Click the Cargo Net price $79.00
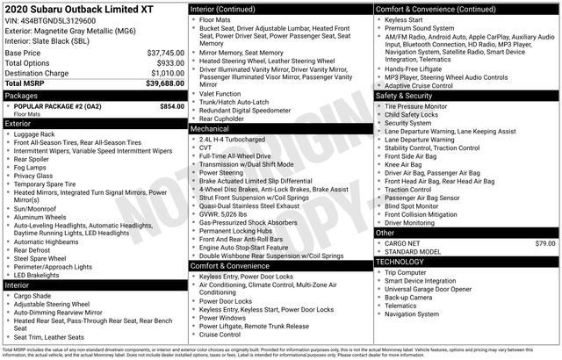point(545,242)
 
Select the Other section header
point(385,233)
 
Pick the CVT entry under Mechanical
point(206,148)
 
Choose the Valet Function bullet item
point(220,93)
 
